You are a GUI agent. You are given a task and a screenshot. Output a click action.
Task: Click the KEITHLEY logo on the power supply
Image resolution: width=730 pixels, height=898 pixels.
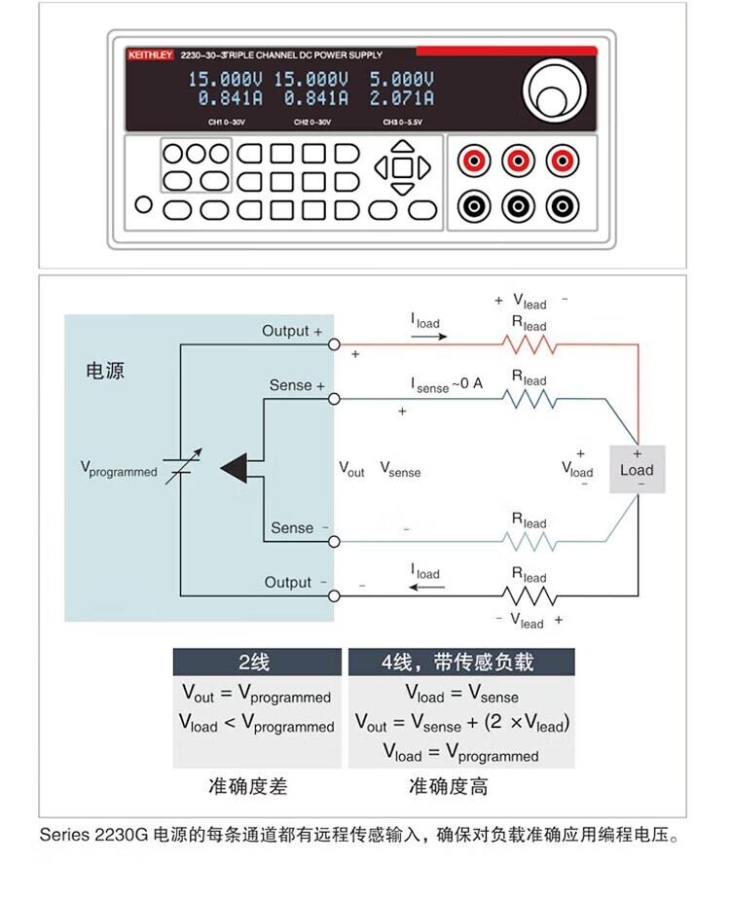coord(150,55)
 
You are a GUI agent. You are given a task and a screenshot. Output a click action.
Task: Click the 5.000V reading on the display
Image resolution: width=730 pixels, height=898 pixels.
coord(401,79)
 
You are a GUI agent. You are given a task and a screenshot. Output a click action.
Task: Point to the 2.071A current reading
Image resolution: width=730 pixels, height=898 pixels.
coord(401,98)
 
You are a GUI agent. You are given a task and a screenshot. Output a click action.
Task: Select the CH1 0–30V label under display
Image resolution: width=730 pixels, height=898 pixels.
coord(227,123)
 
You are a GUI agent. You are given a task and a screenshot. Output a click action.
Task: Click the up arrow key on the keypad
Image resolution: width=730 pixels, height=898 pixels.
coord(402,148)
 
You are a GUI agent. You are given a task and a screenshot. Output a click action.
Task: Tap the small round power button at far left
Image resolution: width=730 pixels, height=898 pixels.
coord(144,205)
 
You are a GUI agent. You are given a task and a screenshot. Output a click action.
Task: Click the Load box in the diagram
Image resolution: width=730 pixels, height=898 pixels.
coord(638,470)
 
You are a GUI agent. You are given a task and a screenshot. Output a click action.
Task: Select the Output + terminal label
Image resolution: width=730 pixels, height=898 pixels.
coord(291,332)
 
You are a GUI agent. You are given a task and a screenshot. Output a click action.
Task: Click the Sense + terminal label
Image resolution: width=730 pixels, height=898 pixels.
coord(297,385)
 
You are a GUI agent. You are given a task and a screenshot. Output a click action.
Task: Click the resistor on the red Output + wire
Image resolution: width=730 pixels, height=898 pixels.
coord(529,343)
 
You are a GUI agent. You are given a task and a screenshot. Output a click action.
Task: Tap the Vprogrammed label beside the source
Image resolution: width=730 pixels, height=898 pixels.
coord(118,471)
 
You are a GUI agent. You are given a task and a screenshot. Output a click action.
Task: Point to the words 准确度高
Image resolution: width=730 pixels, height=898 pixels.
coord(449,786)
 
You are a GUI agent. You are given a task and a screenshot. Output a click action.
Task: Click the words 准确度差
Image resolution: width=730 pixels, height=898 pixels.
coord(248,786)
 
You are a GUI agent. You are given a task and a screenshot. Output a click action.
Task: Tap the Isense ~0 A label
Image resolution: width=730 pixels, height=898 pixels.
coord(446,384)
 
